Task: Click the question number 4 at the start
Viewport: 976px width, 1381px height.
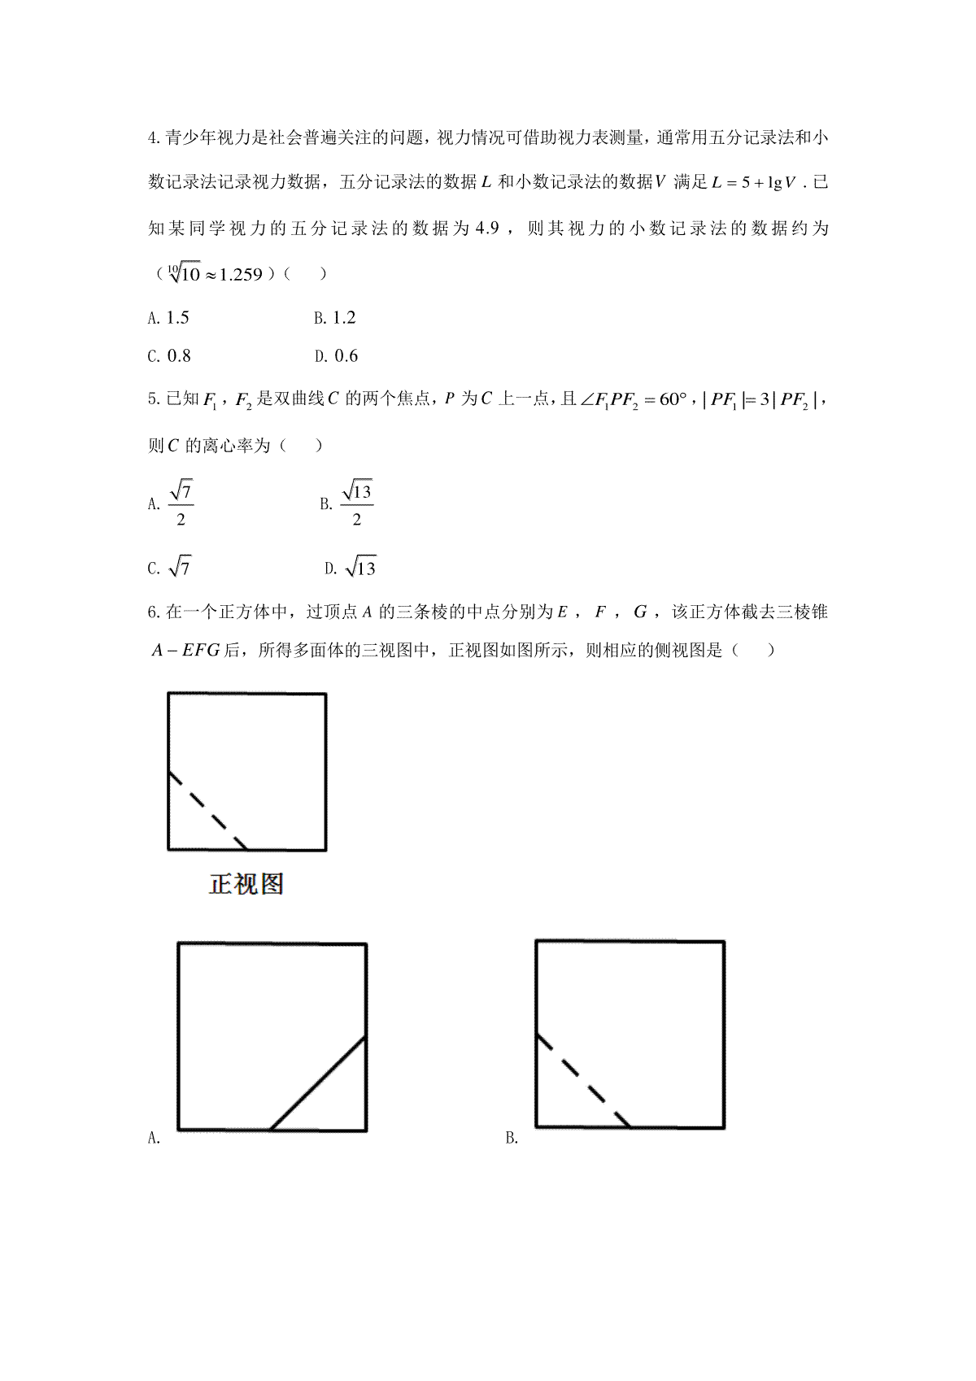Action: pos(153,138)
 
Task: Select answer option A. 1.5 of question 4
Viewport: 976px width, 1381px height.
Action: pos(169,318)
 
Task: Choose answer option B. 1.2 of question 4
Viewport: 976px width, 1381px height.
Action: pos(335,318)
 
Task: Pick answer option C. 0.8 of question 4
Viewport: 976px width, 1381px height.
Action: pos(169,356)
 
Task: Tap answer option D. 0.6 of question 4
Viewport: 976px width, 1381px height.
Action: pos(336,356)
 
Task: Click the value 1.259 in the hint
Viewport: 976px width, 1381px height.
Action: pos(241,274)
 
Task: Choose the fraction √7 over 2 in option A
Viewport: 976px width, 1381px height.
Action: pos(181,504)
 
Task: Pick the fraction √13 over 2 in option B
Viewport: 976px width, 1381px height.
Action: pos(356,504)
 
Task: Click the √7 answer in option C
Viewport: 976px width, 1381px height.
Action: pos(180,568)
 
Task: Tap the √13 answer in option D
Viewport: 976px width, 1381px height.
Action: pos(360,568)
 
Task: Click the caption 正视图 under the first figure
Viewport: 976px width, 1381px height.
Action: pos(246,884)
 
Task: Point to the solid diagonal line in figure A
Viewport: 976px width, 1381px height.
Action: pos(318,1083)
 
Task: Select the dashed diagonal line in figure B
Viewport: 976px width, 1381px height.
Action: pos(583,1080)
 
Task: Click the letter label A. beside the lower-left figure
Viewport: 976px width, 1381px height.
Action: pos(154,1139)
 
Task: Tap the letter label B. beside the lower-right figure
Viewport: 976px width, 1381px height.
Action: pos(512,1139)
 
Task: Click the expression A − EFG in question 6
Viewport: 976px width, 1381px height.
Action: pos(185,651)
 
